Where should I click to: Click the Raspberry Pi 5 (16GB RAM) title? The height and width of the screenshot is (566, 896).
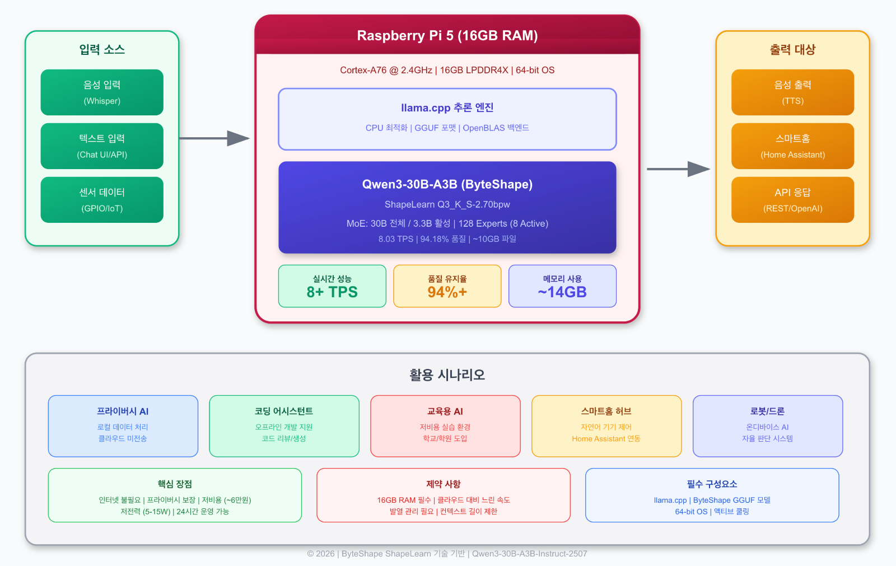(x=447, y=36)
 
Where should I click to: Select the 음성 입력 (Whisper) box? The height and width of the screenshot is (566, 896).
(x=102, y=92)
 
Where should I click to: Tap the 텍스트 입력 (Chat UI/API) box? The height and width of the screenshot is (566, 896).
(x=102, y=146)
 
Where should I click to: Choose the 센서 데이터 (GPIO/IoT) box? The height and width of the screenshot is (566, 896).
(x=102, y=200)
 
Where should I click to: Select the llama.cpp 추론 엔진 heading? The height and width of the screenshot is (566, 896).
(x=447, y=107)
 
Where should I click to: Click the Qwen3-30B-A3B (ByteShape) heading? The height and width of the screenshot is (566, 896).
(x=447, y=184)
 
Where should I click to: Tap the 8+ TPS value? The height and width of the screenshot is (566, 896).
(x=332, y=292)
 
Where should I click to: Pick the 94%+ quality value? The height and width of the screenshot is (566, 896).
(x=447, y=292)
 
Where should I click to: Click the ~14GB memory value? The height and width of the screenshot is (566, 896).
(x=562, y=292)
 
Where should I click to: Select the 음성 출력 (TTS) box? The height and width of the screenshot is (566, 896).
(x=792, y=92)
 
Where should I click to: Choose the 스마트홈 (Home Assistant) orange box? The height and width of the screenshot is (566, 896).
(x=792, y=146)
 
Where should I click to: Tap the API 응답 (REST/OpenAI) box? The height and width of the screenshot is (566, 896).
(x=792, y=200)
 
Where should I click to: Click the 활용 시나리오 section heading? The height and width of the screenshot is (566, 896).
(x=447, y=375)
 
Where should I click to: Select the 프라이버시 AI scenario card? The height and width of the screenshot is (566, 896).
(x=123, y=426)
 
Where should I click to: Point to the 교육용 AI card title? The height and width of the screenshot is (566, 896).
(x=445, y=411)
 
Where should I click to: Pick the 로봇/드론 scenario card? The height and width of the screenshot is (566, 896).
(x=767, y=426)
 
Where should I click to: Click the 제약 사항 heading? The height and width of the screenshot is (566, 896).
(x=443, y=484)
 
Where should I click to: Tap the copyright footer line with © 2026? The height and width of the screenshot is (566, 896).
(x=447, y=554)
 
